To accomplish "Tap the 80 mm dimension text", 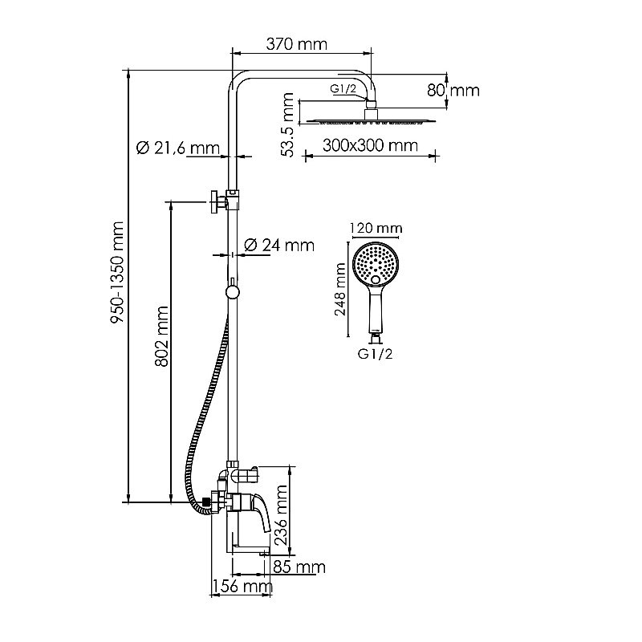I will [x=453, y=90].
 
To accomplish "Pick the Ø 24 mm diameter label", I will [x=278, y=245].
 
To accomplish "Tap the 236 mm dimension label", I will [x=282, y=514].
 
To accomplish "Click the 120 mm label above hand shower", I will [x=375, y=229].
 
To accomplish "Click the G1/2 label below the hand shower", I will [x=375, y=351].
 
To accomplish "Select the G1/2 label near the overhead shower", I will [x=343, y=90].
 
